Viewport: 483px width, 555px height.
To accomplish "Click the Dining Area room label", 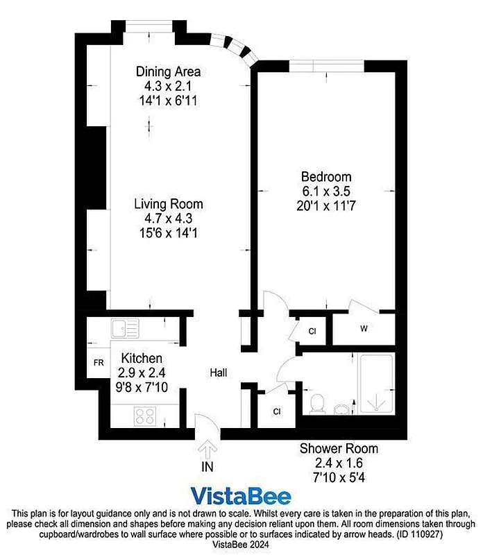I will pyautogui.click(x=169, y=71).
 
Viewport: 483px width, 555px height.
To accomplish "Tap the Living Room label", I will pyautogui.click(x=169, y=204).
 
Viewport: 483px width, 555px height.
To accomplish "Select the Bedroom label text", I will pyautogui.click(x=326, y=176).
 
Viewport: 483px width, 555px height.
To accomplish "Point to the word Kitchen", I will pyautogui.click(x=142, y=358).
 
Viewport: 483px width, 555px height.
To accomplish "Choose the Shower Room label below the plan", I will pyautogui.click(x=339, y=448).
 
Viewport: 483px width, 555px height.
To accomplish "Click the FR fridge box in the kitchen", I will pyautogui.click(x=99, y=363).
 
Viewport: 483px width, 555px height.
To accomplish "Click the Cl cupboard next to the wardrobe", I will pyautogui.click(x=312, y=331).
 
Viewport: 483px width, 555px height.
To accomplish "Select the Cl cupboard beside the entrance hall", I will pyautogui.click(x=276, y=411).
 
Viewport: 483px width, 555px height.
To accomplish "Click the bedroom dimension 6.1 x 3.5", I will pyautogui.click(x=326, y=191).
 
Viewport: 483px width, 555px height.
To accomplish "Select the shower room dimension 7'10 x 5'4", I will pyautogui.click(x=339, y=477).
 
